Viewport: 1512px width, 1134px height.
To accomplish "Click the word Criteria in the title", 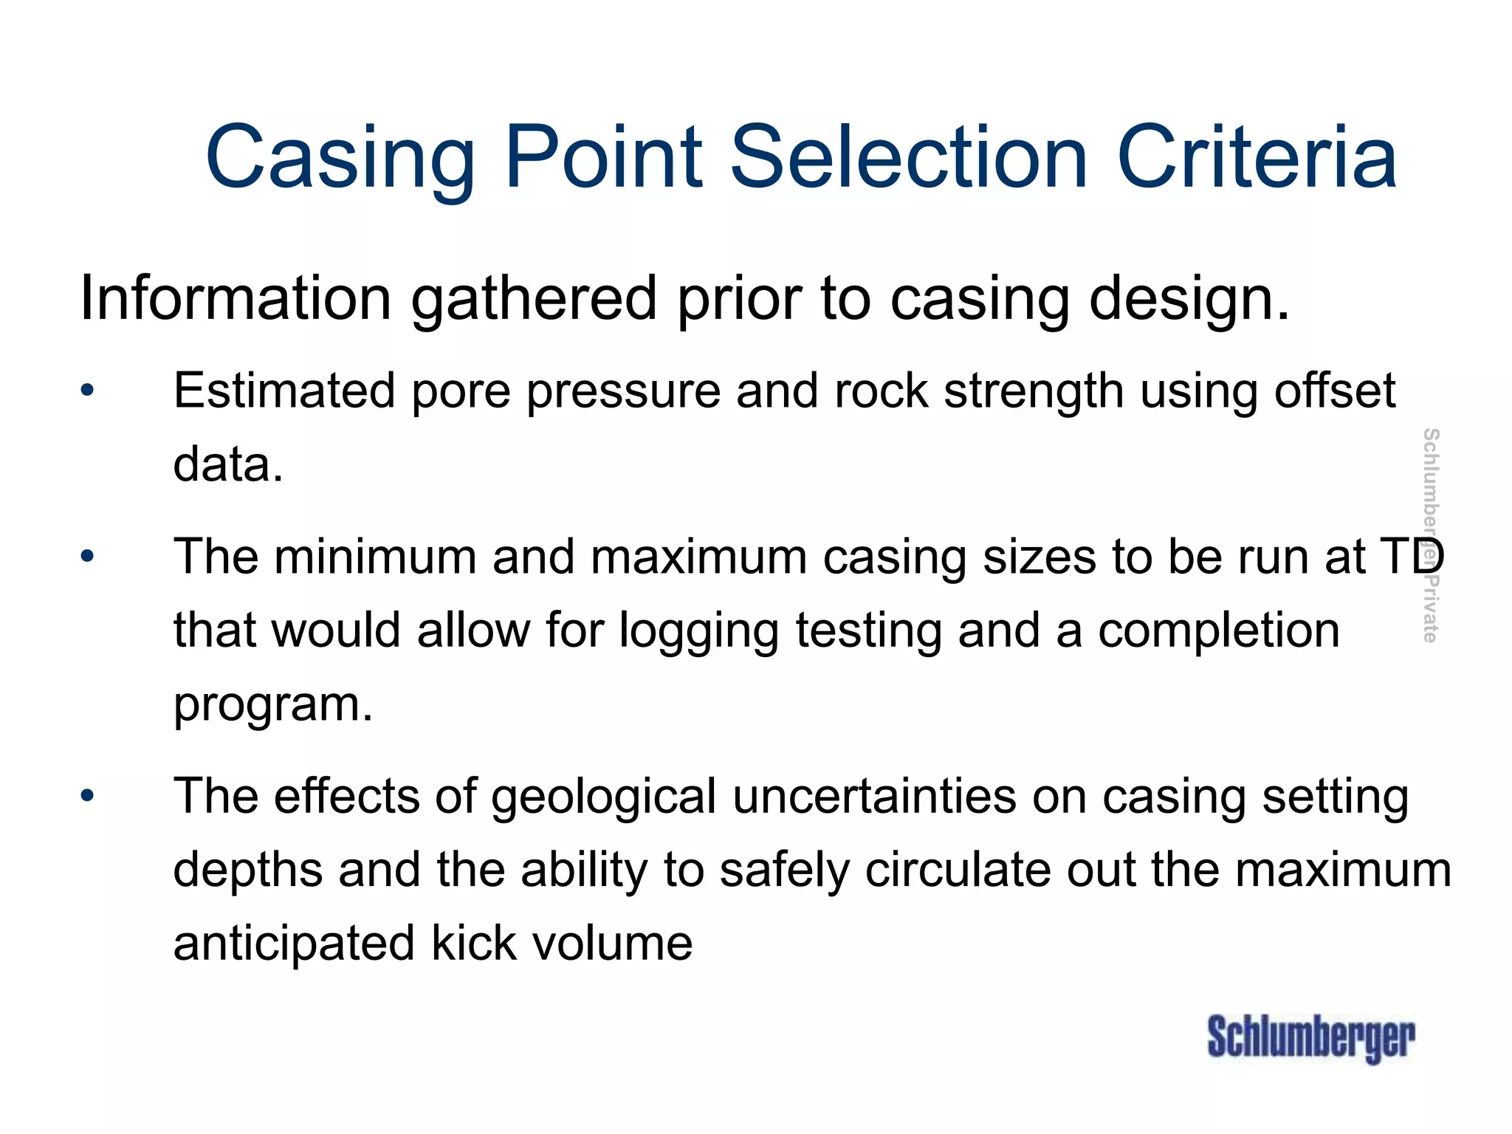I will pos(1257,157).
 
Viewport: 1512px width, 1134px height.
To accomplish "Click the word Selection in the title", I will pos(909,157).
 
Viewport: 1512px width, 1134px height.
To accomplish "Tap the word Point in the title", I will pos(604,157).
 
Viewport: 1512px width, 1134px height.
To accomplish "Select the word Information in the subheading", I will pos(235,298).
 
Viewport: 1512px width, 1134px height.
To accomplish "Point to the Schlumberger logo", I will pos(1310,1037).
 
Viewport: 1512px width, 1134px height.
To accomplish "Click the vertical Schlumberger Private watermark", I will pos(1430,535).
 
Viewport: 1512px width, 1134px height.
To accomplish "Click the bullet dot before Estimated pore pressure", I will pos(88,390).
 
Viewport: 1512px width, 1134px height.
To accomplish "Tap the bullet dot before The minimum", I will pos(88,556).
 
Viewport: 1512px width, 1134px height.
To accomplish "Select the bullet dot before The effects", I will pos(88,796).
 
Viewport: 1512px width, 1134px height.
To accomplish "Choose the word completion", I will pos(1218,631).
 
